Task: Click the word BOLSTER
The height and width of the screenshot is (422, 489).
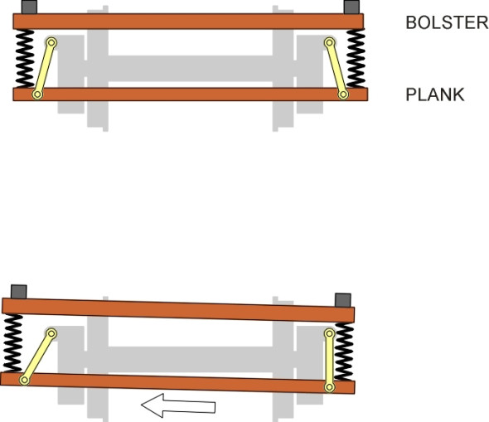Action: (x=447, y=22)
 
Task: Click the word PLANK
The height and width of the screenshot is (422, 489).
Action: (x=435, y=95)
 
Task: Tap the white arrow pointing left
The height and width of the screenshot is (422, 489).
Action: (x=178, y=405)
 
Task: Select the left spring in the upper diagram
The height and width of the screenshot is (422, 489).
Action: (x=25, y=58)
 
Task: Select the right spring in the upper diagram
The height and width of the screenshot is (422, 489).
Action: (x=356, y=58)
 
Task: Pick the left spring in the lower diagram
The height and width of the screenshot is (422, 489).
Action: (x=13, y=343)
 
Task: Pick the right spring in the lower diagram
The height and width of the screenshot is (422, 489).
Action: (x=344, y=352)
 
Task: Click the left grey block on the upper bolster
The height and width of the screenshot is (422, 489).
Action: (x=29, y=7)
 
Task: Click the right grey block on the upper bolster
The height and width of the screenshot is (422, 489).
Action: (x=351, y=7)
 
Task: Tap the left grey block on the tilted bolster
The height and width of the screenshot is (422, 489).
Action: (x=19, y=292)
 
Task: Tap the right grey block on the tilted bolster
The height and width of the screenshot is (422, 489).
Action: (x=343, y=300)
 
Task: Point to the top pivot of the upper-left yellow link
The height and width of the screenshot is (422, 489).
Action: (x=51, y=42)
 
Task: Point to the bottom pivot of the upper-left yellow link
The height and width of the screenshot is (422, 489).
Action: (x=37, y=94)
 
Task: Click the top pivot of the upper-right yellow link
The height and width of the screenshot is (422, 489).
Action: (x=329, y=42)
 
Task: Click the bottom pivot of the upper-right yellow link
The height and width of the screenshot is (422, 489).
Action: (x=343, y=94)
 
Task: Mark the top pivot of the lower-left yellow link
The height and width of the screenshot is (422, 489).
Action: (x=51, y=333)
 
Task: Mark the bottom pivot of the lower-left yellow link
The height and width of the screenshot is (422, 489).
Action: (x=24, y=380)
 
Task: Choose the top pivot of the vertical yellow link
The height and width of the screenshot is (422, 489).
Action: (x=329, y=333)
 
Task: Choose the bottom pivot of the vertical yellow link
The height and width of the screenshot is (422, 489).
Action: (x=329, y=387)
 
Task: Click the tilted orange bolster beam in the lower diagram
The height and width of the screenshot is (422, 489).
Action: (x=178, y=310)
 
